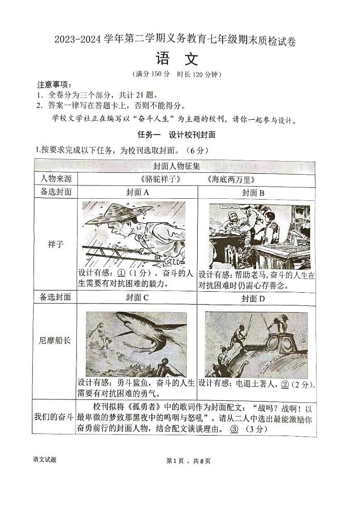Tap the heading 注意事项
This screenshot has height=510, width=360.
(x=54, y=85)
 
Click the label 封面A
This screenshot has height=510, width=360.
(x=137, y=192)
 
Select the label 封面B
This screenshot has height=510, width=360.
(x=253, y=192)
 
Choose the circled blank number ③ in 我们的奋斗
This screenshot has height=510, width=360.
(x=234, y=429)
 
